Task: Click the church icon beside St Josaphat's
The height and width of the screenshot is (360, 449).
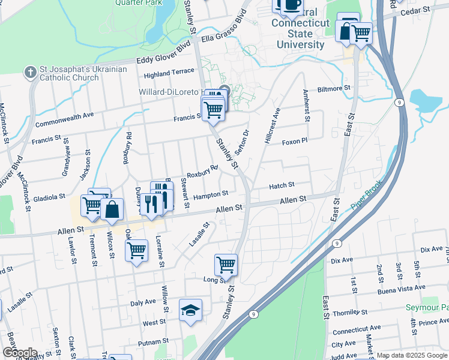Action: click(x=30, y=73)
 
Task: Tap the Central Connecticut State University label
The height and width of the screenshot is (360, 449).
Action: click(x=300, y=28)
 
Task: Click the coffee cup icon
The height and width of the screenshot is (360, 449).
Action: click(x=292, y=5)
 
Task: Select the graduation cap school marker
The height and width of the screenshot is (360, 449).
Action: click(x=190, y=310)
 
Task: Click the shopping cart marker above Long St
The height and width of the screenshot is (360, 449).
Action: click(x=226, y=264)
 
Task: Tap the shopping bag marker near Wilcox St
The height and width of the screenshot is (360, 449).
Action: click(x=112, y=210)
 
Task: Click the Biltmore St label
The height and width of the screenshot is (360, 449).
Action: click(x=334, y=88)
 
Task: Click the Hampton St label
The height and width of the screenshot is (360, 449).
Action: click(x=210, y=194)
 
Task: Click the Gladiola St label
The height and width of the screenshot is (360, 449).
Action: click(x=49, y=197)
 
